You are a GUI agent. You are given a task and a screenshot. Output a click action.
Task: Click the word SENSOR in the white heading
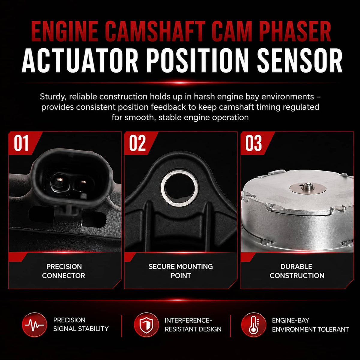(x=300, y=60)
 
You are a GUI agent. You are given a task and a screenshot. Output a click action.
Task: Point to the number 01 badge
(x=21, y=143)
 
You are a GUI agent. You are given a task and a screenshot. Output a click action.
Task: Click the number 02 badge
(x=137, y=143)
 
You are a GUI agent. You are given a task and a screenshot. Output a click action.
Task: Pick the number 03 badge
(x=253, y=143)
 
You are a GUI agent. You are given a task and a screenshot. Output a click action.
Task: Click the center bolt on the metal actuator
(x=307, y=186)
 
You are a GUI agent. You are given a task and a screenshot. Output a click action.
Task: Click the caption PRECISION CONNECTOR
(x=64, y=271)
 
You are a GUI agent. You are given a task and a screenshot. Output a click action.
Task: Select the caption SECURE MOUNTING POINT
(x=181, y=271)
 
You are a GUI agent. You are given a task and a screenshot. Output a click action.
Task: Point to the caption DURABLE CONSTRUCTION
(x=297, y=271)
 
